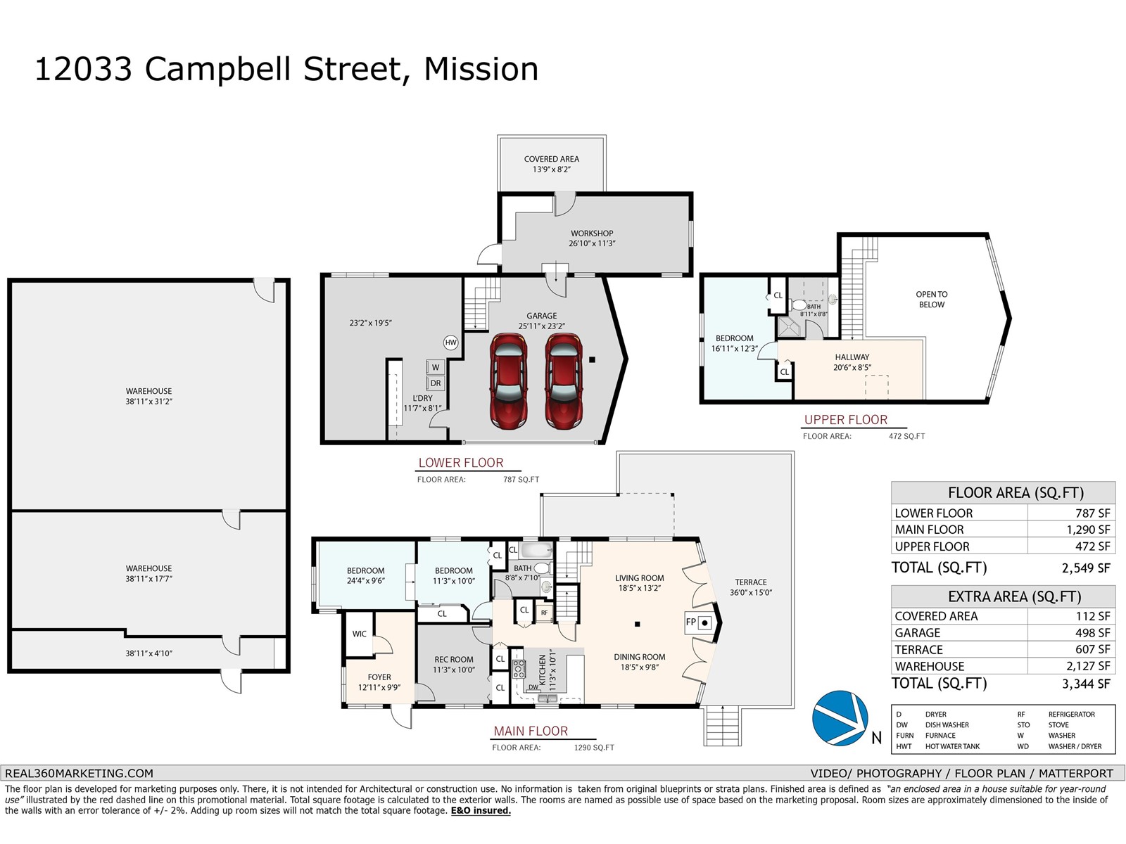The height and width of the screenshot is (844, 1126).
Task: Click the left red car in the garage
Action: [508, 381]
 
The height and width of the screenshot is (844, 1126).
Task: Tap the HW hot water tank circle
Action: [450, 343]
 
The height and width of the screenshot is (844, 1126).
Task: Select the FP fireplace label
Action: [691, 622]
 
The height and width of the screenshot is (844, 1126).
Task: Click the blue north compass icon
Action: [840, 718]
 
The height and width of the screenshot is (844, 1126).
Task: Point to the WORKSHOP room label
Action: [592, 234]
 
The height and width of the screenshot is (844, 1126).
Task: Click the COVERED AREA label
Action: [552, 159]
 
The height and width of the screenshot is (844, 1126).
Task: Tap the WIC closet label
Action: [359, 634]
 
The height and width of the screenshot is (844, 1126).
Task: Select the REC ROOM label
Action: [453, 660]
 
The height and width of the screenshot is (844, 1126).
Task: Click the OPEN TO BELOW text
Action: [932, 300]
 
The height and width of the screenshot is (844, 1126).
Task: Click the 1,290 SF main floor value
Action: [1088, 530]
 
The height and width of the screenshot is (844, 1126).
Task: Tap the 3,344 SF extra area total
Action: [1086, 684]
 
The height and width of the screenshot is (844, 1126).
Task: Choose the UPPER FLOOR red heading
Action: [845, 420]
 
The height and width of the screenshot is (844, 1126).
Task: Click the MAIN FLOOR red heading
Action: [531, 731]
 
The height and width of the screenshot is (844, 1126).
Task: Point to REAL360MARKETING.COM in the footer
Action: [79, 773]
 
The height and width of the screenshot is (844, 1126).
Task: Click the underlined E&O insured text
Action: [481, 810]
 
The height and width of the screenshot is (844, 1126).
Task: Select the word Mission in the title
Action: [481, 69]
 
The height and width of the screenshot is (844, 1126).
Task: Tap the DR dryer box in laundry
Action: [435, 383]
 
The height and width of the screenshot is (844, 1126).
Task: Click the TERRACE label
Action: [750, 582]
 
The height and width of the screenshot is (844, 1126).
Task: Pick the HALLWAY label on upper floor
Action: [852, 357]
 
